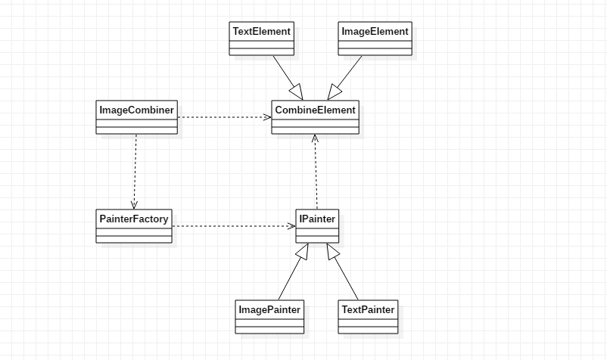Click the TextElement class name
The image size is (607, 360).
point(261,32)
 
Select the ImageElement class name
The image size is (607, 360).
point(375,32)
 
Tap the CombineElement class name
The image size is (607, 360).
point(315,110)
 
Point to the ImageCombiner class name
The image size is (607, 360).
point(136,110)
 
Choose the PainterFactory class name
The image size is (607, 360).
point(134,219)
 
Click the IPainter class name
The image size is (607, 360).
point(317,219)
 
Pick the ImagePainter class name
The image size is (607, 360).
point(269,309)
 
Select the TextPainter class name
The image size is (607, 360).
point(368,309)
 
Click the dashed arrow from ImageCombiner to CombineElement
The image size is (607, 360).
point(223,117)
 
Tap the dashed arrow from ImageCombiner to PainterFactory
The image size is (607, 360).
point(135,170)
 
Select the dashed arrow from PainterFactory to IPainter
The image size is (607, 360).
point(231,225)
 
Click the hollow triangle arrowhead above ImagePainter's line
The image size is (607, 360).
point(303,252)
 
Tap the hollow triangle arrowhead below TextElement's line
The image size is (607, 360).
point(296,93)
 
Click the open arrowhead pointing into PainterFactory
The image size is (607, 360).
point(134,205)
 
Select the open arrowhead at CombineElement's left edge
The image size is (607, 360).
point(267,117)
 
